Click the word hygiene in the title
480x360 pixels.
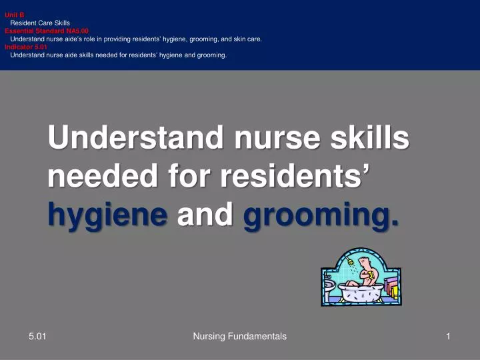(107, 215)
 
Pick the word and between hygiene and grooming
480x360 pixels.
(205, 215)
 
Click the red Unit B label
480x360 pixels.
(14, 15)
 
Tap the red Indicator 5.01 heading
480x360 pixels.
(26, 47)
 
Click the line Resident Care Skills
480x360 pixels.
(40, 23)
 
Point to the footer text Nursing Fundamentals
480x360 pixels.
(239, 337)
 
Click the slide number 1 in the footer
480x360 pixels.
(449, 337)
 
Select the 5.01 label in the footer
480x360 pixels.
(37, 337)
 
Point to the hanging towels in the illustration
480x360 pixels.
(393, 291)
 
